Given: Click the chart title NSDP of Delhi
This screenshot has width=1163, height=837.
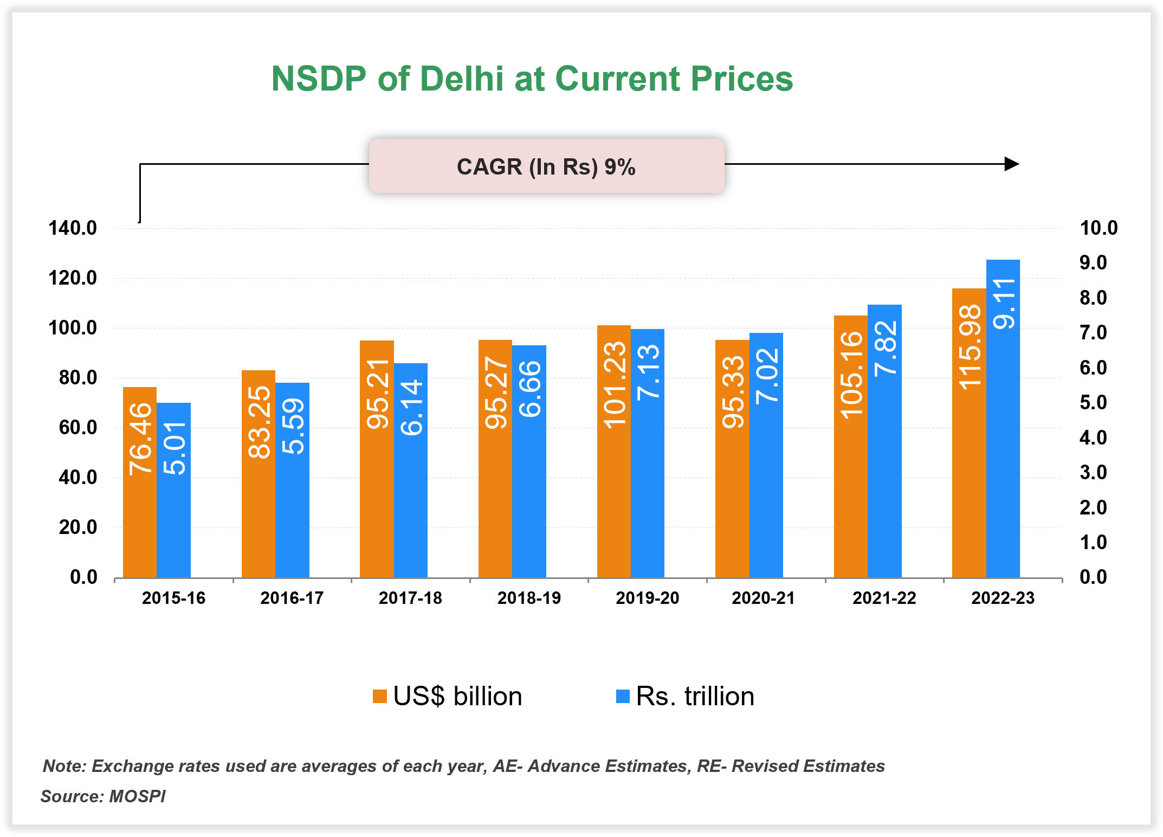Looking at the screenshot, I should click(532, 79).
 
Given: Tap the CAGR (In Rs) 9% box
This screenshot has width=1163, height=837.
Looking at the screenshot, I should click(546, 166).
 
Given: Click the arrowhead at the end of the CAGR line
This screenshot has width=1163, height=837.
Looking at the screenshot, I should click(1011, 164).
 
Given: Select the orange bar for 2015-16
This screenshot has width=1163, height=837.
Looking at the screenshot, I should click(140, 515).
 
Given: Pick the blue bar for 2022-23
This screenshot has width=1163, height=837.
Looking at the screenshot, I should click(1003, 461).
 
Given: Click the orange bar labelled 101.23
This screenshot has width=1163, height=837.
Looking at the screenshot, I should click(613, 488).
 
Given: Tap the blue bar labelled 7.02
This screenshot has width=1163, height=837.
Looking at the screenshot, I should click(766, 488).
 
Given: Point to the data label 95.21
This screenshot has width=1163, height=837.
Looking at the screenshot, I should click(378, 394).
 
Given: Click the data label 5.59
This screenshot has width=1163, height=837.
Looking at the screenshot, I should click(293, 426).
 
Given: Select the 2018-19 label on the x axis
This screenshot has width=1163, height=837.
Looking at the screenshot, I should click(529, 598).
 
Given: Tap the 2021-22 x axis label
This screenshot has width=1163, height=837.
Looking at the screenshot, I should click(884, 598).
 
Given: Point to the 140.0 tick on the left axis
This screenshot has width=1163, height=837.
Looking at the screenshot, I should click(73, 228).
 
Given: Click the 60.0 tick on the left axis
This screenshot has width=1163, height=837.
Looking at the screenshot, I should click(78, 428).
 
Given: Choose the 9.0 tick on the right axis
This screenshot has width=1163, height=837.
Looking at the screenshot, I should click(1093, 263).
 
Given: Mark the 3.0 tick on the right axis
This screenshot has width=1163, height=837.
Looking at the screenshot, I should click(1093, 473).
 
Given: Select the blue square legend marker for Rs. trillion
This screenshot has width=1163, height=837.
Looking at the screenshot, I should click(623, 696).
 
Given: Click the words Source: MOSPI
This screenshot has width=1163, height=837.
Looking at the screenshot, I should click(103, 796).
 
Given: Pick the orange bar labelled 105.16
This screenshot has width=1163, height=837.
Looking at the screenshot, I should click(850, 488).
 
